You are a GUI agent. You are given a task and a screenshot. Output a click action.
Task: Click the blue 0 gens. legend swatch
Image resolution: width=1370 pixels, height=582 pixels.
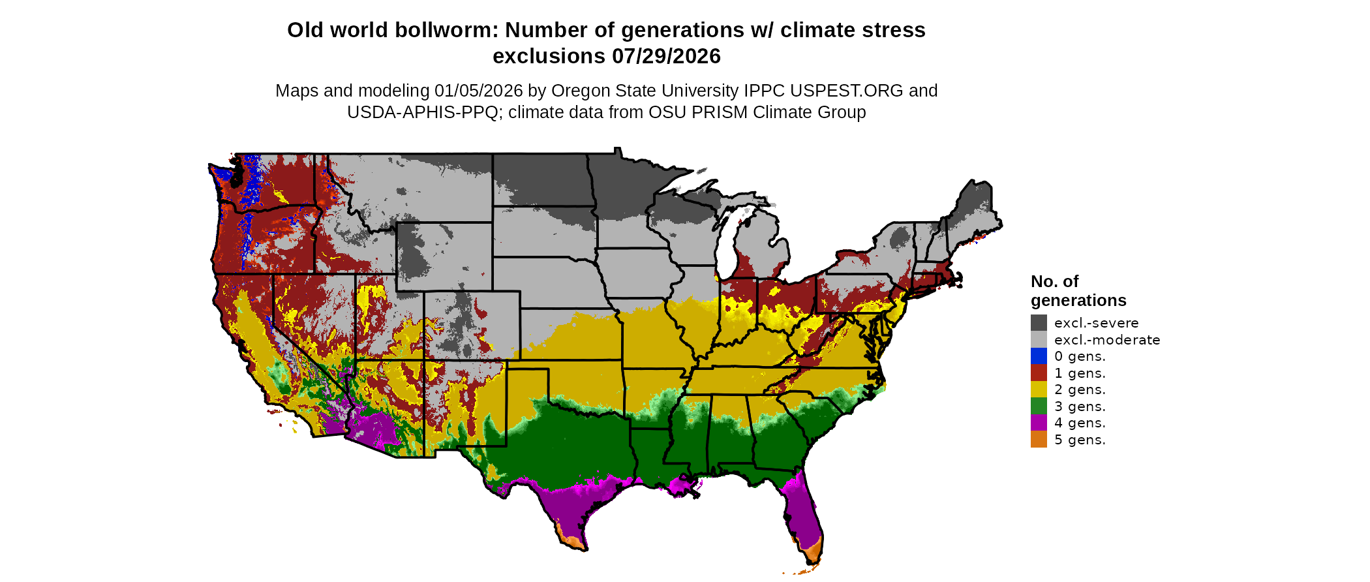pos(1039,356)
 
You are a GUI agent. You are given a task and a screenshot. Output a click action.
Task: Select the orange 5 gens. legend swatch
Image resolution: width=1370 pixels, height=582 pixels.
pos(1039,440)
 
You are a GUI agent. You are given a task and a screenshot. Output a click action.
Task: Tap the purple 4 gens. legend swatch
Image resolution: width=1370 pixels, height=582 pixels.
pos(1039,423)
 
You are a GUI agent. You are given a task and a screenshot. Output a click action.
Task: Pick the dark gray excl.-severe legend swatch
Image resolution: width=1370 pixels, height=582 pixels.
pos(1039,323)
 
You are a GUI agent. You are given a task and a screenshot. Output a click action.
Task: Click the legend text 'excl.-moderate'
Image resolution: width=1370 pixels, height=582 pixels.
pos(1107,340)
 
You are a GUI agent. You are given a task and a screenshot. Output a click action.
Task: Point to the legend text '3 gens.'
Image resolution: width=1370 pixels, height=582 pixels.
pos(1080,406)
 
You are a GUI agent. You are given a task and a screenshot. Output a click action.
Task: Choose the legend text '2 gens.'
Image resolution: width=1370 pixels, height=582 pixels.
pos(1080,390)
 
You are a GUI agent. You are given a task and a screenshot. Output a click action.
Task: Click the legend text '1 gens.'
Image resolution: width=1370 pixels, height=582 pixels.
pos(1080,373)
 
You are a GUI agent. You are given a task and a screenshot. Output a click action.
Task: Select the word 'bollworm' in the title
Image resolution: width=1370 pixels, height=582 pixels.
pos(444,31)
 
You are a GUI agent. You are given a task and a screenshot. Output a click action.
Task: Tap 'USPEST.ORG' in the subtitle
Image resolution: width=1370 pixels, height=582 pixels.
pos(846,91)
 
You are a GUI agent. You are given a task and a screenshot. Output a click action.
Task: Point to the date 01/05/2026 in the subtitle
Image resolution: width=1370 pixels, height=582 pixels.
pos(478,91)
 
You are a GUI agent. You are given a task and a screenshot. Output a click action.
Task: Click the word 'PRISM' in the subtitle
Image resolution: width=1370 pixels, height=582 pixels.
pos(720,112)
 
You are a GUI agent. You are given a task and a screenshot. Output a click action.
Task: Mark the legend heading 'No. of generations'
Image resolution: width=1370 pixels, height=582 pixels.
pos(1078,291)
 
